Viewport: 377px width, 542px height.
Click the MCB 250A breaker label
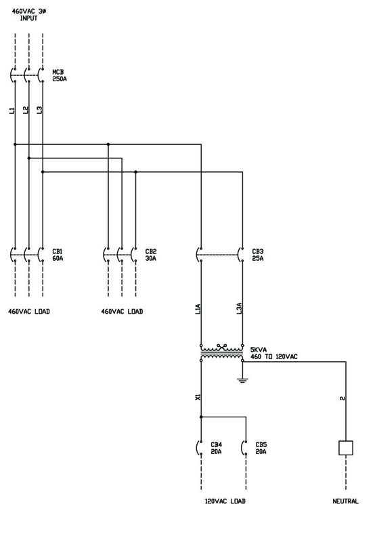(60, 75)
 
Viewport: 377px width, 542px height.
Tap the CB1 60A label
(58, 255)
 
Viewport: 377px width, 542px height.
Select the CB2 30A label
(150, 255)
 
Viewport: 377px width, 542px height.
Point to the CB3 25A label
(258, 255)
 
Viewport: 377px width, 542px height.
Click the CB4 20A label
(216, 448)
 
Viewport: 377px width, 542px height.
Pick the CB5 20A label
(261, 448)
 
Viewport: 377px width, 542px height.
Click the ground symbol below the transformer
(242, 381)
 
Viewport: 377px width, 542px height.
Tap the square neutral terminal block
(346, 448)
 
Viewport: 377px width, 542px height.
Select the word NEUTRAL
(346, 501)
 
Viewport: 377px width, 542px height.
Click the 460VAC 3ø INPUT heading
(29, 14)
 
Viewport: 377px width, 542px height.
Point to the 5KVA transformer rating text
(259, 350)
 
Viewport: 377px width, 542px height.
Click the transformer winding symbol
(221, 352)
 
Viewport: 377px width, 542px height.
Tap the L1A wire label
(198, 309)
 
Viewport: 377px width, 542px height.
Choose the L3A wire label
(239, 309)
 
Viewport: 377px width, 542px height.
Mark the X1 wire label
(198, 398)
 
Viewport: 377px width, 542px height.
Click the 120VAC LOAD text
(225, 501)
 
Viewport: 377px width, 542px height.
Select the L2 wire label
(26, 110)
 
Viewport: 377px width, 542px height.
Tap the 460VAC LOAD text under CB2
(122, 312)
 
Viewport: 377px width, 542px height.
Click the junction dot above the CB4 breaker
(201, 417)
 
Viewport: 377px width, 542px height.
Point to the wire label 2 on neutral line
(342, 398)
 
